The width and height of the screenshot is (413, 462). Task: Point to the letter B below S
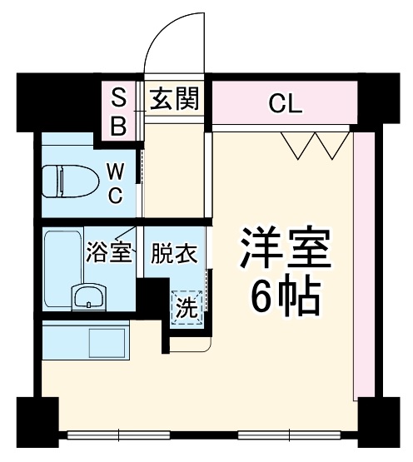(x=119, y=126)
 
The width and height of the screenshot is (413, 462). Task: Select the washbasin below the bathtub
(x=88, y=297)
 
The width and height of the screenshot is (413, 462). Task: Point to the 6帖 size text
(x=286, y=297)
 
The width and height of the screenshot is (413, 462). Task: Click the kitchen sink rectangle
(x=105, y=342)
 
